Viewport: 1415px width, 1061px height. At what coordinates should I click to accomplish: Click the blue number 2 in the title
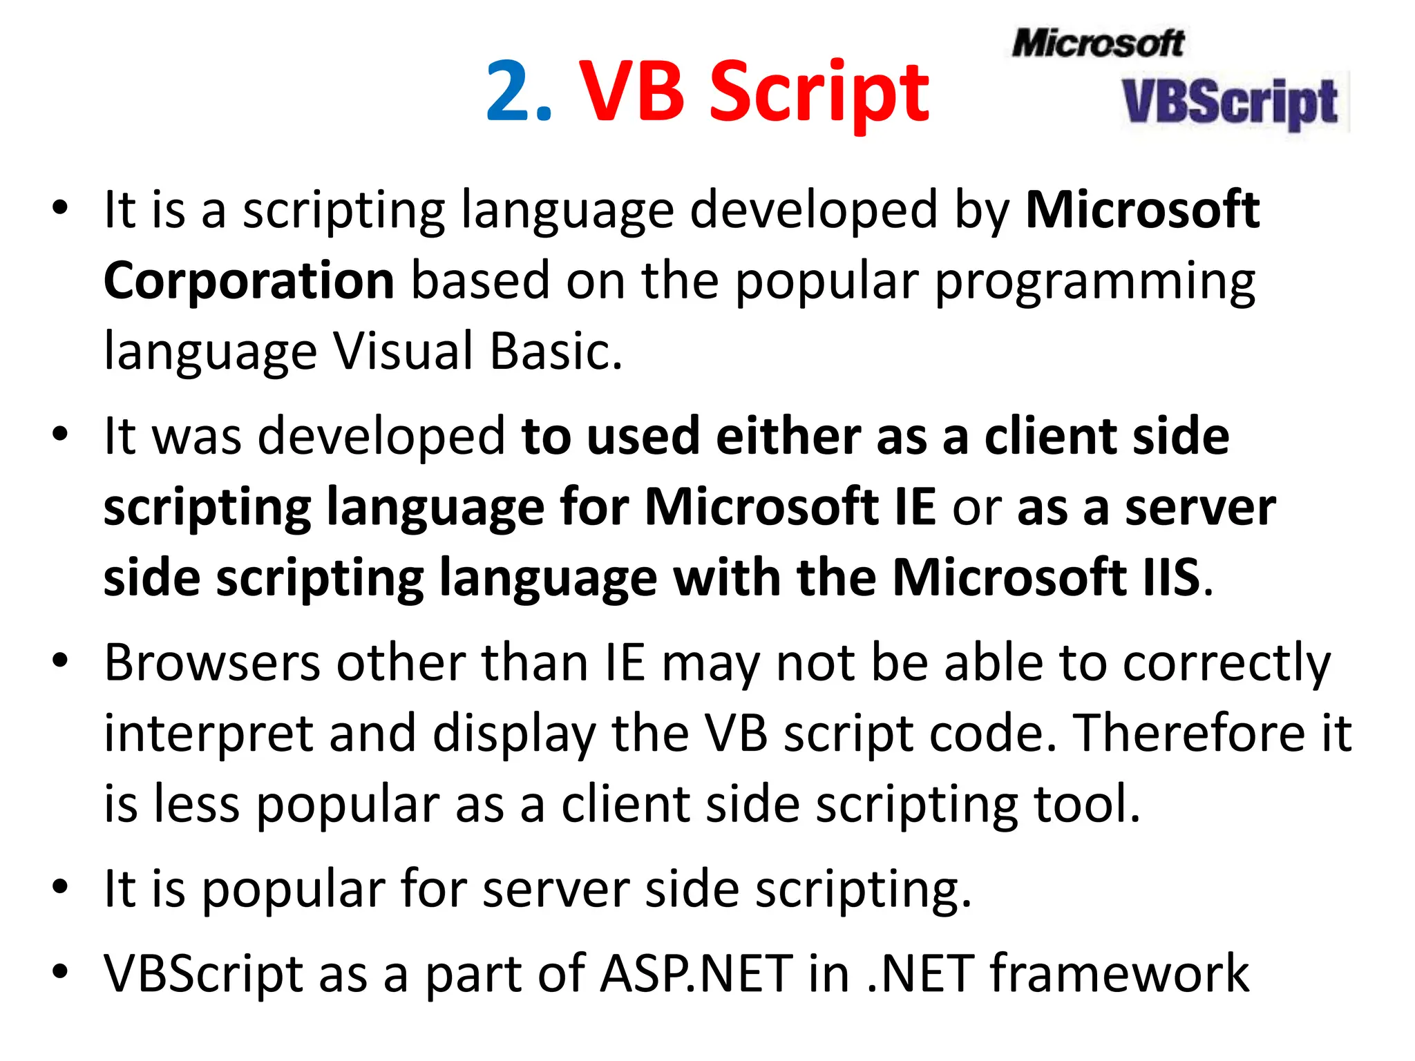(x=510, y=92)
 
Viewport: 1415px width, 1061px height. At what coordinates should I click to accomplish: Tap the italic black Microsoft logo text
(x=1098, y=43)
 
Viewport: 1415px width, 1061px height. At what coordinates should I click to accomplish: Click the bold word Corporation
(x=249, y=280)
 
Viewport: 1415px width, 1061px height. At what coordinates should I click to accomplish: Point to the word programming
(x=1095, y=283)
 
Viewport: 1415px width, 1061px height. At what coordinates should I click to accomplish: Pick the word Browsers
(x=212, y=663)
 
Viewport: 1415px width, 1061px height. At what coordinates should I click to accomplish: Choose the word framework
(x=1119, y=973)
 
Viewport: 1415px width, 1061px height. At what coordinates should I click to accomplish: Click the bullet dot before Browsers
(x=61, y=660)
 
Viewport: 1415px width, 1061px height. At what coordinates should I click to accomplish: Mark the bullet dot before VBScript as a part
(x=61, y=971)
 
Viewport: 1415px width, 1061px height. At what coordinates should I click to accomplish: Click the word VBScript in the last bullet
(x=203, y=974)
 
